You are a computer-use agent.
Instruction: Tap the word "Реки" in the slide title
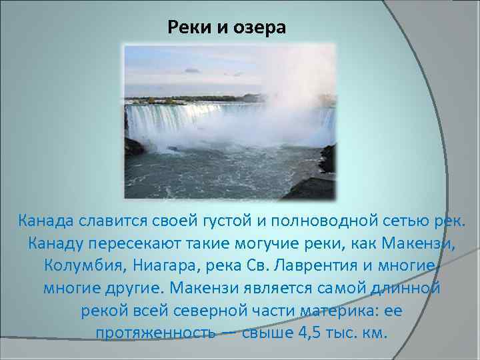(x=186, y=28)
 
